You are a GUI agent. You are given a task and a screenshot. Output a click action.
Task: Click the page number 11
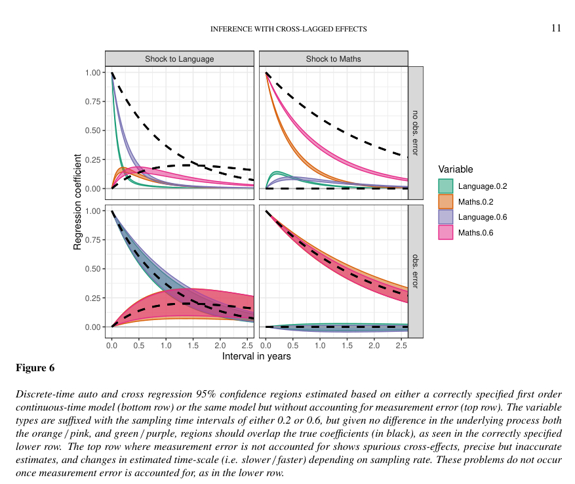[x=556, y=28]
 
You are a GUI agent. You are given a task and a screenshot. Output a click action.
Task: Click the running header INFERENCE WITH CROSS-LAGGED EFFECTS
[x=288, y=29]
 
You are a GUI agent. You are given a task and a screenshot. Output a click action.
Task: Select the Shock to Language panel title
[x=179, y=59]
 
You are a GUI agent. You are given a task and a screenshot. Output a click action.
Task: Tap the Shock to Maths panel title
[x=333, y=59]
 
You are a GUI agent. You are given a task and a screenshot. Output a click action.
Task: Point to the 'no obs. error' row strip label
[x=416, y=133]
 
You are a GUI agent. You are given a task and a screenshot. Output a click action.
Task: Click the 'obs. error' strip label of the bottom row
[x=416, y=271]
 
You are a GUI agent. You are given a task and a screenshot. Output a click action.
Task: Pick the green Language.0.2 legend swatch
[x=446, y=186]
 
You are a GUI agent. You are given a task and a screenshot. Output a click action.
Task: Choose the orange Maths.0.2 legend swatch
[x=446, y=201]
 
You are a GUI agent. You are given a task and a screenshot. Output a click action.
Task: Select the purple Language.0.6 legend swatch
[x=446, y=217]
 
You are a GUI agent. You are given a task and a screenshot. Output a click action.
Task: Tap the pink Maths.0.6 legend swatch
[x=446, y=233]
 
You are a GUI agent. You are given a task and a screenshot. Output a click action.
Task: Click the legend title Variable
[x=456, y=169]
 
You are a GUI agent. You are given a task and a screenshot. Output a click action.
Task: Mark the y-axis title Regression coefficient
[x=77, y=202]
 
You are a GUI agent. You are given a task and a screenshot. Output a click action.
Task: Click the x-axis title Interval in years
[x=256, y=357]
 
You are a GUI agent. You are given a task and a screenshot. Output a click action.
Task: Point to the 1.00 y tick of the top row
[x=92, y=72]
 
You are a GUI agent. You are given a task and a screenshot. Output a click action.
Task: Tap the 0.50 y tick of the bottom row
[x=92, y=269]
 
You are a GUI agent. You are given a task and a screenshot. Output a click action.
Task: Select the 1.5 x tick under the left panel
[x=193, y=345]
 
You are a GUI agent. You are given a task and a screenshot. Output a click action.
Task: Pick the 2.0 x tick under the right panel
[x=374, y=345]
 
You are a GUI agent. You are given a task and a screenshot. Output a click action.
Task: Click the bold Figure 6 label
[x=35, y=368]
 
